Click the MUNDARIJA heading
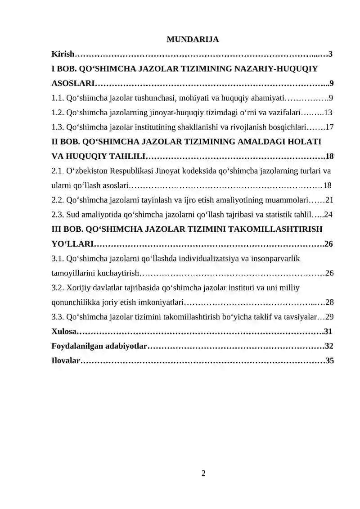192,40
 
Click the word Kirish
62,54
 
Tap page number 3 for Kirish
331,54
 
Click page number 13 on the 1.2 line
328,113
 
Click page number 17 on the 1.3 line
329,127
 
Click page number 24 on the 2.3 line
328,215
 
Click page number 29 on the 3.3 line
329,317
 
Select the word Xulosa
63,332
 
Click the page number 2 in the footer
203,473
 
